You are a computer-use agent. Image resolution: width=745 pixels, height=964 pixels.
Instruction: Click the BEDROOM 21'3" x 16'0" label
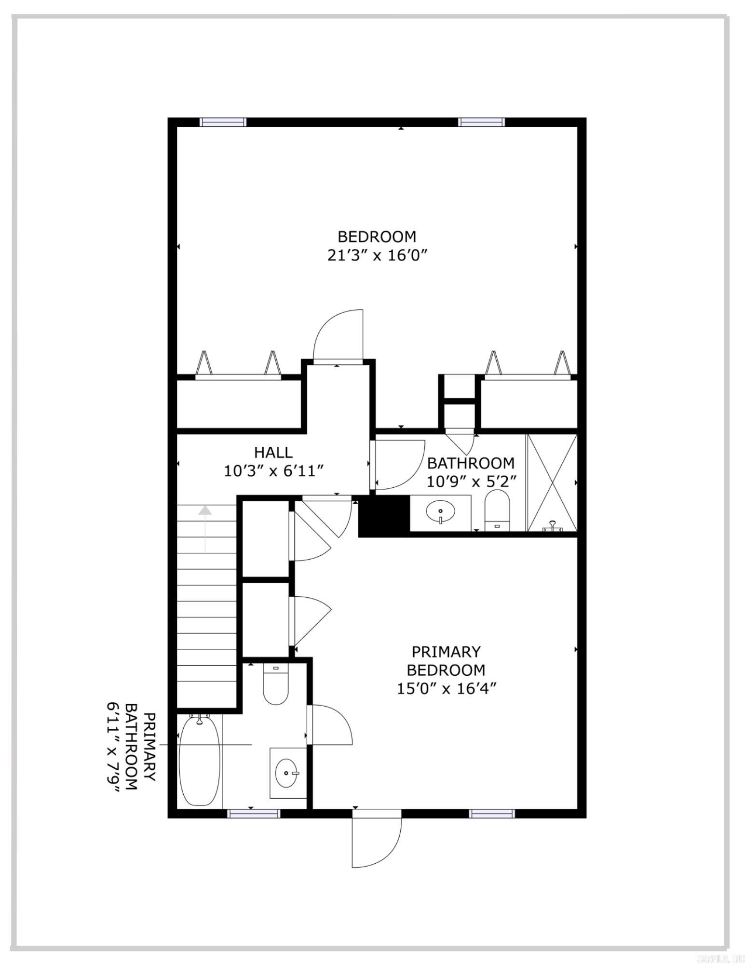(377, 245)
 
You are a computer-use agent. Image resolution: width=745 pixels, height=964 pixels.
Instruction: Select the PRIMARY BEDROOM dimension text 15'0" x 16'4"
(446, 689)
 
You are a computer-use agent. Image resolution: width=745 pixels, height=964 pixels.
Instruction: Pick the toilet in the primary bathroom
(275, 684)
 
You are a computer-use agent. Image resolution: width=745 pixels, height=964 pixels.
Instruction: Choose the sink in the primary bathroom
(287, 773)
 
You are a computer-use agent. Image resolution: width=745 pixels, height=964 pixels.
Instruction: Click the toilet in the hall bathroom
(497, 509)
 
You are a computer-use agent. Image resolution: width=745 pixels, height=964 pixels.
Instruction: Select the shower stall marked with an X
(552, 482)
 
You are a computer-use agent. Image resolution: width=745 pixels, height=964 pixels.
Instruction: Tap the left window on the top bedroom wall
(223, 122)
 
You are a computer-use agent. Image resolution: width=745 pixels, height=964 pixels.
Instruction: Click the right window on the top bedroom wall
(481, 122)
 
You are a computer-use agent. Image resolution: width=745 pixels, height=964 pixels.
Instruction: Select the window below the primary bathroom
(254, 814)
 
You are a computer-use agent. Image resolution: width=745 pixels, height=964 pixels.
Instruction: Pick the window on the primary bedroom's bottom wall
(492, 814)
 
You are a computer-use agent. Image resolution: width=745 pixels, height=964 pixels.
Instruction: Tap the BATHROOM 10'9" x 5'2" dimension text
(471, 481)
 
